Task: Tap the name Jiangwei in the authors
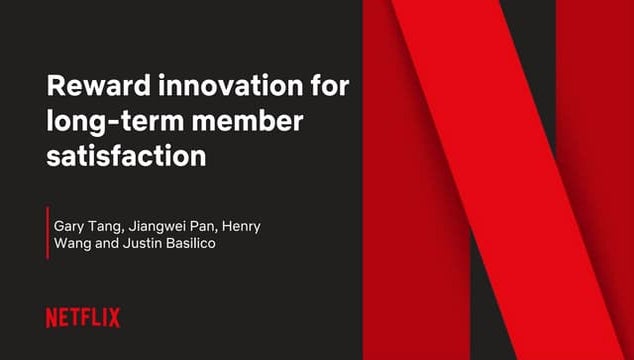pyautogui.click(x=162, y=227)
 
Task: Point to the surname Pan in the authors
pyautogui.click(x=213, y=227)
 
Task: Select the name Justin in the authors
pyautogui.click(x=145, y=245)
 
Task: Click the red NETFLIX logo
pyautogui.click(x=83, y=318)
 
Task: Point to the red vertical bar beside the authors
pyautogui.click(x=47, y=232)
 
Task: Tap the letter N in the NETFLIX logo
pyautogui.click(x=52, y=318)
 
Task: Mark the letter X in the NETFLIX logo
pyautogui.click(x=114, y=318)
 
